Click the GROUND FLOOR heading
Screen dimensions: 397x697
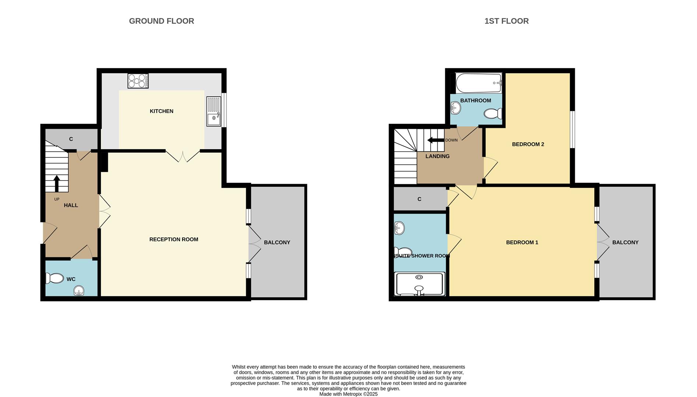click(x=161, y=21)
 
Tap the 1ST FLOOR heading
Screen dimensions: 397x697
click(x=506, y=21)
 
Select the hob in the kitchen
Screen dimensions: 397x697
click(x=138, y=81)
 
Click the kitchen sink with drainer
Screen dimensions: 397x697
click(x=213, y=111)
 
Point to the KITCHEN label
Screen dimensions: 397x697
click(x=161, y=111)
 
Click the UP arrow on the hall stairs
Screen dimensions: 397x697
click(x=57, y=183)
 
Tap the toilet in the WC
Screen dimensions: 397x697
click(x=55, y=278)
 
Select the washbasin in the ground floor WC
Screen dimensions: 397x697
click(x=79, y=291)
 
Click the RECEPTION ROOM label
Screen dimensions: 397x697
click(x=174, y=239)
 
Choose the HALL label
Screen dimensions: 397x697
click(x=71, y=205)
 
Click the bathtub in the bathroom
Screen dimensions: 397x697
click(x=478, y=83)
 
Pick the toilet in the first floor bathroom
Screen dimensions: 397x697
click(x=493, y=114)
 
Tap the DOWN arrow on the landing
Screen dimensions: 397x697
click(x=436, y=140)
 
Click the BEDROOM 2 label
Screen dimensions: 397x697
click(x=528, y=144)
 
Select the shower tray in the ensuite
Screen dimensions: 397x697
click(x=420, y=284)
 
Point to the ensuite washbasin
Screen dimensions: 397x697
click(x=399, y=228)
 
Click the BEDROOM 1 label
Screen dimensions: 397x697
click(x=522, y=242)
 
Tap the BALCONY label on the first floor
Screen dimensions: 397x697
click(x=625, y=242)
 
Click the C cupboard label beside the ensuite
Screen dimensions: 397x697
click(x=419, y=199)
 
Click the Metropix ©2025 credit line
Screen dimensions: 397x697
click(x=348, y=394)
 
